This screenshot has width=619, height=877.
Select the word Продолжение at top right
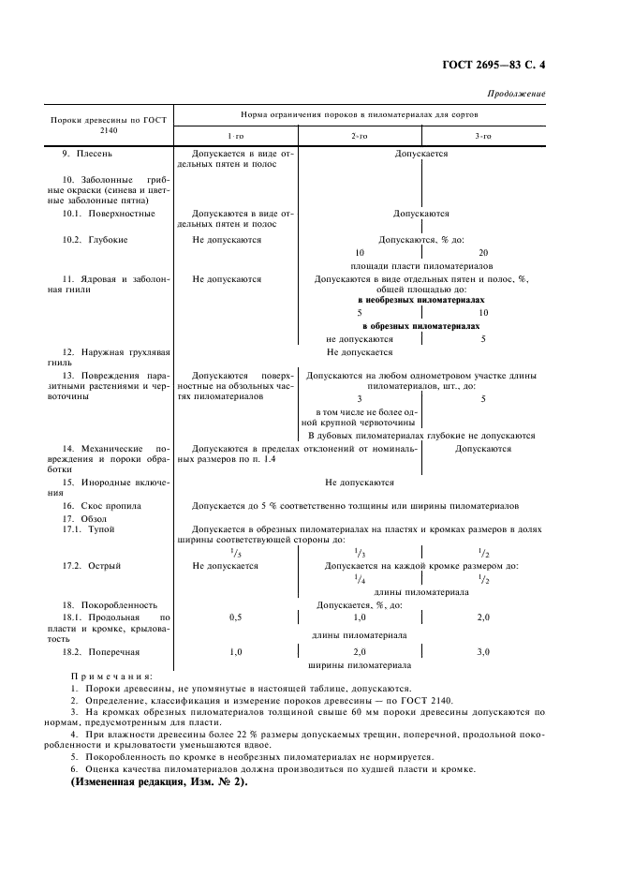(516, 93)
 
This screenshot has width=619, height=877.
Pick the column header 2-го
(359, 136)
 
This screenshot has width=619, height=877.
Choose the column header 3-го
(482, 136)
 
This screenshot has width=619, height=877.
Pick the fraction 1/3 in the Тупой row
(360, 553)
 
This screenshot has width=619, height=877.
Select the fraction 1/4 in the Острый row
(360, 579)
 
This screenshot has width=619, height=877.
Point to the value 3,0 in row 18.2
(483, 650)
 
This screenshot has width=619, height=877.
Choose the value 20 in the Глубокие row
(483, 253)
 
